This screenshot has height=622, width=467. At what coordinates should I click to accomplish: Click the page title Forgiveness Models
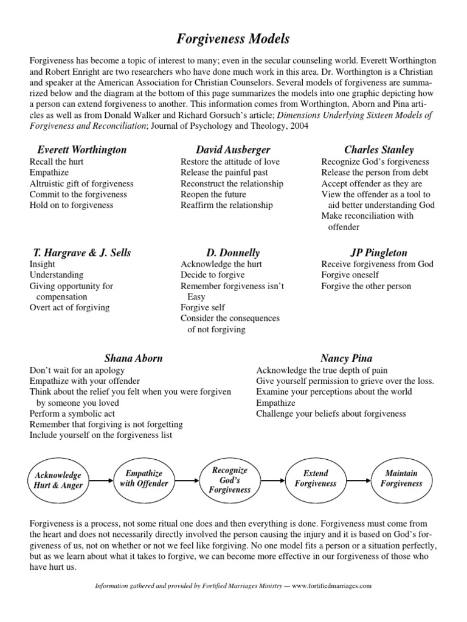(233, 39)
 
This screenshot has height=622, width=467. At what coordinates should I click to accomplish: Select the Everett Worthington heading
(81, 149)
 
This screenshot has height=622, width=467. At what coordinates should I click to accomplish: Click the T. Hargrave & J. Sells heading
(81, 252)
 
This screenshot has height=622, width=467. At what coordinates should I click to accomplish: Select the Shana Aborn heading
(134, 358)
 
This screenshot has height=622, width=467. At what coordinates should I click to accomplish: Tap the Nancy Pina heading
(346, 358)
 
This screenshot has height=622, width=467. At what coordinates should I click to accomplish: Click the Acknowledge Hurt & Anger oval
(58, 480)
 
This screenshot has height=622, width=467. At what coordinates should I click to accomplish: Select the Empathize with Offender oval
(144, 479)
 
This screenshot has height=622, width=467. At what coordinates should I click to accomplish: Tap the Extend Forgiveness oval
(315, 479)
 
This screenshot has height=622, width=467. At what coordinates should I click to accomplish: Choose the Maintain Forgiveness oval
(401, 479)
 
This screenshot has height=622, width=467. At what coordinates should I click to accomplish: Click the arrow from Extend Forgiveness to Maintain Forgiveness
(358, 479)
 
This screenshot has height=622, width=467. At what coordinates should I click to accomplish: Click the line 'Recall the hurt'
(57, 162)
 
